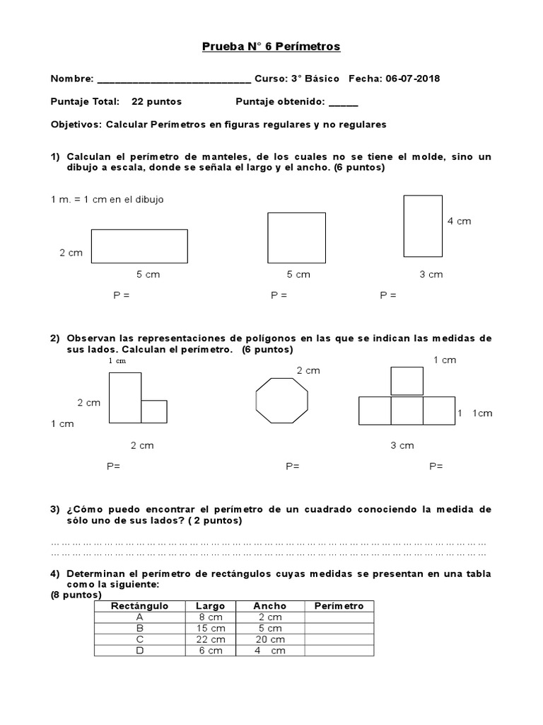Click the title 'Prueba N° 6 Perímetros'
point(271,47)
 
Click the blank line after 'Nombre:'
point(173,79)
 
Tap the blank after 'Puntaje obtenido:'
point(344,102)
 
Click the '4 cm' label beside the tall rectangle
point(459,221)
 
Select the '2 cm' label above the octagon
point(308,370)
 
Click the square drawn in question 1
point(296,237)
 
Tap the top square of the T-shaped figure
point(407,381)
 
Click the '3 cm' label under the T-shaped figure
point(402,445)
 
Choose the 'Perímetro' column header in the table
point(339,606)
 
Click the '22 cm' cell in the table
point(211,639)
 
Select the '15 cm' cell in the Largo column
point(211,628)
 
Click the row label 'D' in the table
point(139,651)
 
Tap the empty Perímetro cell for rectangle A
point(339,617)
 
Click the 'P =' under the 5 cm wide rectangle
point(122,295)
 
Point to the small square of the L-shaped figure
point(154,411)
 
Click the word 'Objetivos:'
point(76,125)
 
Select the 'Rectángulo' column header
point(139,606)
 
